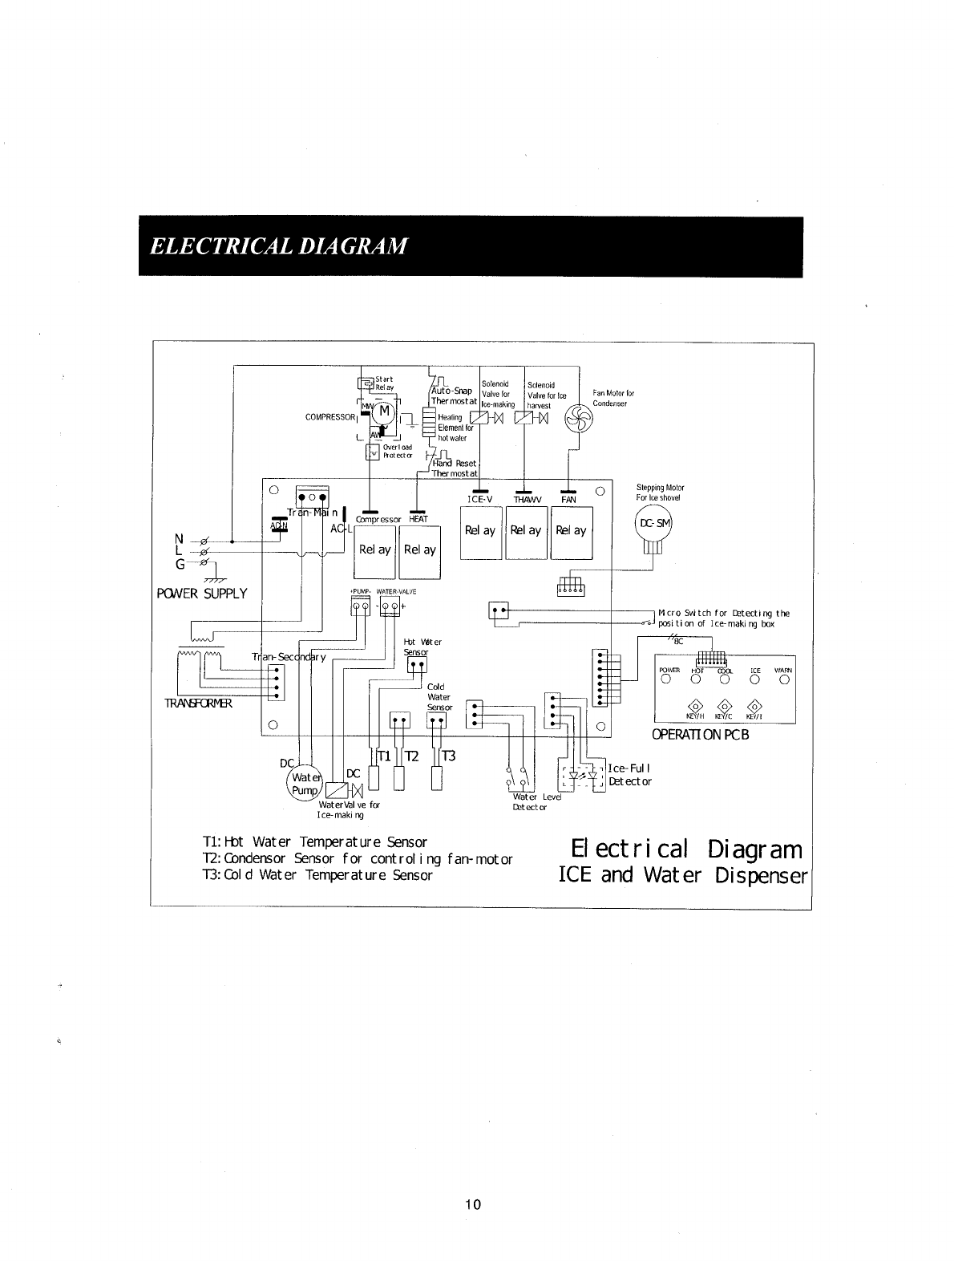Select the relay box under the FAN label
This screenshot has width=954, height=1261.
click(x=571, y=532)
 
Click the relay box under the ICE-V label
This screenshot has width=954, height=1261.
click(x=480, y=532)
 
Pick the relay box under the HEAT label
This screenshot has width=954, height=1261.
click(x=420, y=551)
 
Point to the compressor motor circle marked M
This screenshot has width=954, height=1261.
click(x=382, y=412)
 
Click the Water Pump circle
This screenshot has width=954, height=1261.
click(x=305, y=784)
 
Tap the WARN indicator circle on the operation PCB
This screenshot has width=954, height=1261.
click(x=784, y=680)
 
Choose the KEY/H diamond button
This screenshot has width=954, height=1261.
click(x=695, y=707)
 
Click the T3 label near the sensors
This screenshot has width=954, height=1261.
click(x=448, y=756)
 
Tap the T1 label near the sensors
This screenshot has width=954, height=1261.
click(x=384, y=756)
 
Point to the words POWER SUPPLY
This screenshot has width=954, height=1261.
click(x=202, y=594)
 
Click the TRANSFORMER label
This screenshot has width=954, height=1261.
click(x=198, y=703)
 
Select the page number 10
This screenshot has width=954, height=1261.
click(x=473, y=1204)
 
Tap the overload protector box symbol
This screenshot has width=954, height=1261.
click(x=372, y=453)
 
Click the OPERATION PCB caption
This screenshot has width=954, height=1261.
click(x=701, y=735)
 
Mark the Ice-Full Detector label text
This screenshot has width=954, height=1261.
click(x=630, y=775)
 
